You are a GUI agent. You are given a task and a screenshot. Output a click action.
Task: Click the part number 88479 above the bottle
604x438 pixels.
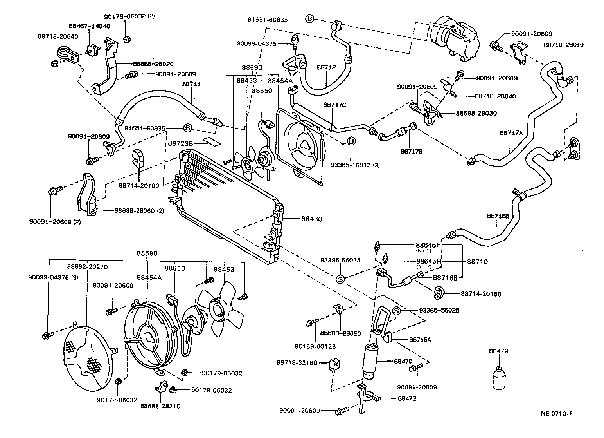(x=498, y=351)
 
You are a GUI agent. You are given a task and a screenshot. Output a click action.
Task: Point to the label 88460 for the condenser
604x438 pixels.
(x=311, y=219)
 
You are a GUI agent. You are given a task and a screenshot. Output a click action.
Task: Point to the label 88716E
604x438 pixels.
(x=498, y=216)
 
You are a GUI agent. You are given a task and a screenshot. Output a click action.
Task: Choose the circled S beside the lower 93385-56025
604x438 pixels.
(x=397, y=311)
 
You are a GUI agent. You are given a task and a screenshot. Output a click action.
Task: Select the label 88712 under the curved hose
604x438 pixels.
(x=326, y=67)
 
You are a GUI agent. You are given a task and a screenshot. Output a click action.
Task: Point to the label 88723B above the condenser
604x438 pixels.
(x=181, y=144)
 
